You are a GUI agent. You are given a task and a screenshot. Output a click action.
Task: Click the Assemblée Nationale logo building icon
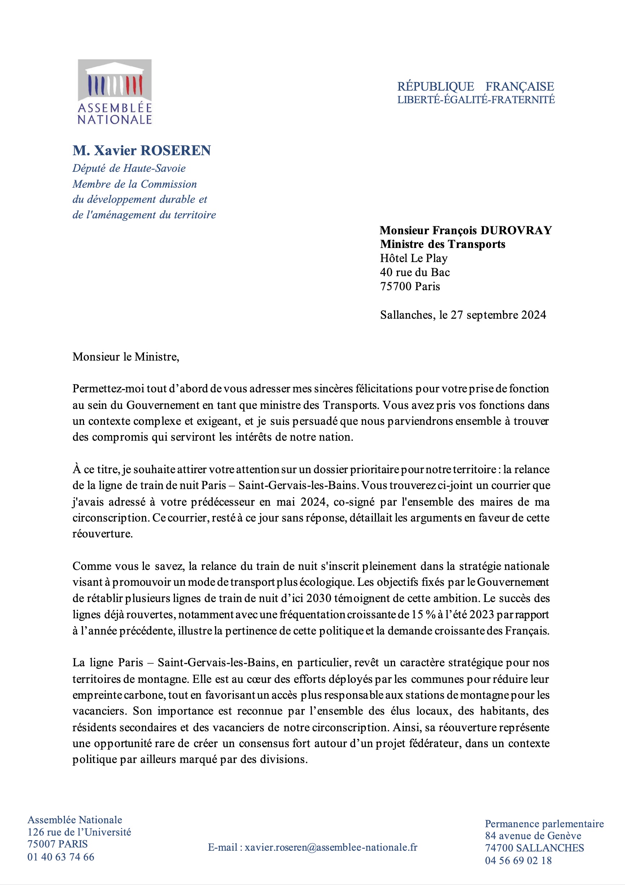115,80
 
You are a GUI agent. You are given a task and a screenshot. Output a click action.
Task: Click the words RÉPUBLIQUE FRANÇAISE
476,86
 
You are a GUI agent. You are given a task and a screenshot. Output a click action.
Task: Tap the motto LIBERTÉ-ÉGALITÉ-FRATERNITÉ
476,100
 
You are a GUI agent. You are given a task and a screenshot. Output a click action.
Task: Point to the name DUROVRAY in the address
516,230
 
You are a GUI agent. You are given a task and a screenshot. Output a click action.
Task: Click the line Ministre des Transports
442,244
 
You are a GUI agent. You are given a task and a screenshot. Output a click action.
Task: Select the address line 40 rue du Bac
415,272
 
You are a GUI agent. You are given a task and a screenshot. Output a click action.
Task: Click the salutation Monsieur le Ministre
126,357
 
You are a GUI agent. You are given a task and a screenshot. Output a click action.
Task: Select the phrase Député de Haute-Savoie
129,168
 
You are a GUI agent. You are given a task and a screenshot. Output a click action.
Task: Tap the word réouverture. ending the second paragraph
102,533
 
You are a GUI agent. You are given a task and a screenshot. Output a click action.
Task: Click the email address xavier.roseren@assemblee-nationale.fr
331,847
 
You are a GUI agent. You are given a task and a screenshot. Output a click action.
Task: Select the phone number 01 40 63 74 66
61,857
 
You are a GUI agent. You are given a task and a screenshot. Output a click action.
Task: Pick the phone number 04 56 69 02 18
518,860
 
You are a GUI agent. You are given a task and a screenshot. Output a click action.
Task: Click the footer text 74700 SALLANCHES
534,847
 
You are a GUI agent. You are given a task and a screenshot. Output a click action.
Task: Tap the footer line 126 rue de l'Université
79,832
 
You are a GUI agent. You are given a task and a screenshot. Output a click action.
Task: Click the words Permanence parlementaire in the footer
544,824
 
